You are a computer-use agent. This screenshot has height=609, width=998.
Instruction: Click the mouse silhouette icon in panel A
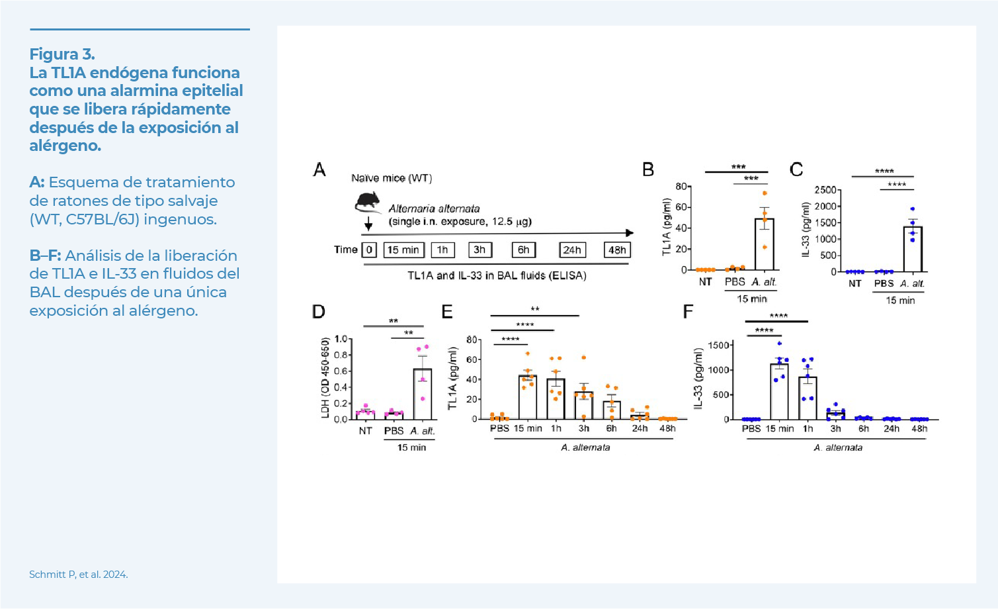[x=368, y=202]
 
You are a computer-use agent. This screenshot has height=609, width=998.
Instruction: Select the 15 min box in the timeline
[x=403, y=250]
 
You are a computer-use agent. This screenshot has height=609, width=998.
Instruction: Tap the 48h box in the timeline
[x=617, y=250]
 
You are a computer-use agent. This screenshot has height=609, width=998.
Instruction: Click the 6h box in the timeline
[x=523, y=250]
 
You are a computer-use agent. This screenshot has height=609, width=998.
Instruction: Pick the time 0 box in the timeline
[x=369, y=250]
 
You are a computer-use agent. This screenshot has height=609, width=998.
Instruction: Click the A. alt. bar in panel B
[x=764, y=245]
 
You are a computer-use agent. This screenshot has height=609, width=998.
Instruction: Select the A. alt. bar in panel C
[x=913, y=250]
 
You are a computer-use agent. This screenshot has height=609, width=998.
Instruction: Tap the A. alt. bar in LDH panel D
[x=422, y=395]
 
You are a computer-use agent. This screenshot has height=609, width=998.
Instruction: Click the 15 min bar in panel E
[x=527, y=397]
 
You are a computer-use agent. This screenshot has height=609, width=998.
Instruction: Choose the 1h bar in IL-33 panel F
[x=808, y=398]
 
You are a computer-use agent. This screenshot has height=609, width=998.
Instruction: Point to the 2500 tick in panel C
[x=825, y=190]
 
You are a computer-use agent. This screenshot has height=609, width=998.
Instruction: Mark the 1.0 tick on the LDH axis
[x=341, y=339]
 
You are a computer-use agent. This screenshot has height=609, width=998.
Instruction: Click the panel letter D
[x=319, y=312]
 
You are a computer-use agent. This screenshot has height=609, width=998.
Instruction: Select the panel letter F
[x=688, y=312]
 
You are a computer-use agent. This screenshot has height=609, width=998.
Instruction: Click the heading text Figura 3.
[x=62, y=54]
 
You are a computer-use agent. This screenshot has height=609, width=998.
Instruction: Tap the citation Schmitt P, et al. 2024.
[x=78, y=575]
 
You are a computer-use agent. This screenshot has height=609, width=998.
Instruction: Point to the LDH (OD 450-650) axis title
[x=325, y=378]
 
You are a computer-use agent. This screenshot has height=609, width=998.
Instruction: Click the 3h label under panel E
[x=583, y=429]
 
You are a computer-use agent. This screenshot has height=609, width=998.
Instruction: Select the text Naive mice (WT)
[x=391, y=178]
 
